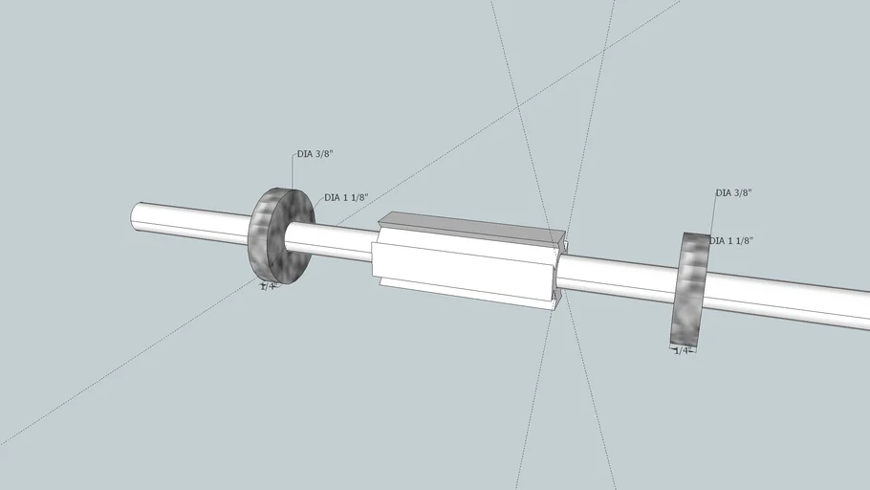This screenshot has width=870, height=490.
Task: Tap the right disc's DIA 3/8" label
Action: click(733, 193)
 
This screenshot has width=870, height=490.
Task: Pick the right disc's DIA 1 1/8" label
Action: click(731, 241)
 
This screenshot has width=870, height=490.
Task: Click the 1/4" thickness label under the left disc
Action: click(270, 286)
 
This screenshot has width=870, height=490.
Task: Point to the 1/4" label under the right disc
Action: click(683, 351)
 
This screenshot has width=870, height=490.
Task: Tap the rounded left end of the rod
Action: click(136, 215)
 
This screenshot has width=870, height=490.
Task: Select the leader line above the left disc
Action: click(293, 172)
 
